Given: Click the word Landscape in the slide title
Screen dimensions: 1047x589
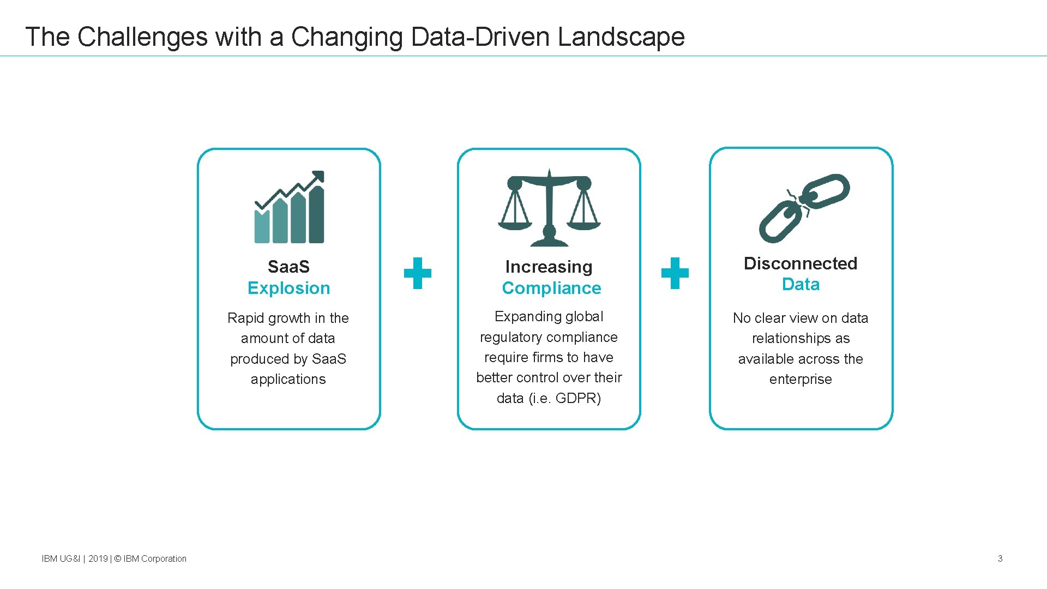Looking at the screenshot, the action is coord(621,37).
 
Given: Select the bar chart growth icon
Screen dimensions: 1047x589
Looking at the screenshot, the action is coord(290,208).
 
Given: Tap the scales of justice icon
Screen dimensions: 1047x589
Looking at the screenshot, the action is coord(549,208).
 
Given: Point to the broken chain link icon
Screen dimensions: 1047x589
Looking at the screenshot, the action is coord(804,208).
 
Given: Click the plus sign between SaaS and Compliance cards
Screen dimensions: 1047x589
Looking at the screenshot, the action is coord(418,273).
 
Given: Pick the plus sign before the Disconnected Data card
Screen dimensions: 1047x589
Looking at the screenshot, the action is coord(675,273).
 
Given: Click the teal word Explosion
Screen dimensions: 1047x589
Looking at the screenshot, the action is coord(288,288).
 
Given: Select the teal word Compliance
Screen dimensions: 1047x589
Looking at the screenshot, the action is coord(551,288).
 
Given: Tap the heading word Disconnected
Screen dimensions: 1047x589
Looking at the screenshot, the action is coord(801,263).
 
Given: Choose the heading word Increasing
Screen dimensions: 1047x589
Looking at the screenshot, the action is coord(549,267).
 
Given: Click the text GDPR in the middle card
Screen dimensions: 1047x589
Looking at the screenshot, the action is coord(577,399).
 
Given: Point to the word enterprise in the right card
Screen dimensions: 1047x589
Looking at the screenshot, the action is coord(801,380).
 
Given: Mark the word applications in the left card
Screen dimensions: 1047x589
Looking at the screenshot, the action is coord(288,380).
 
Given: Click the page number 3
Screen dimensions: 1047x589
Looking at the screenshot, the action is coord(1000,558).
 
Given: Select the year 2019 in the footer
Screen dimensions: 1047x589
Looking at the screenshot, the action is coord(98,558).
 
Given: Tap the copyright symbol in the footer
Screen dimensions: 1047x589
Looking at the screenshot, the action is coord(117,558).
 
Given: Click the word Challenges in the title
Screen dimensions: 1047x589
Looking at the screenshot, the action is coord(142,37).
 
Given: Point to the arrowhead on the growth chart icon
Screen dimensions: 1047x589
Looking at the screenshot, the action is coord(318,177).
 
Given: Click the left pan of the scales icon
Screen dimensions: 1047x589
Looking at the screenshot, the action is coord(515,223).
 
